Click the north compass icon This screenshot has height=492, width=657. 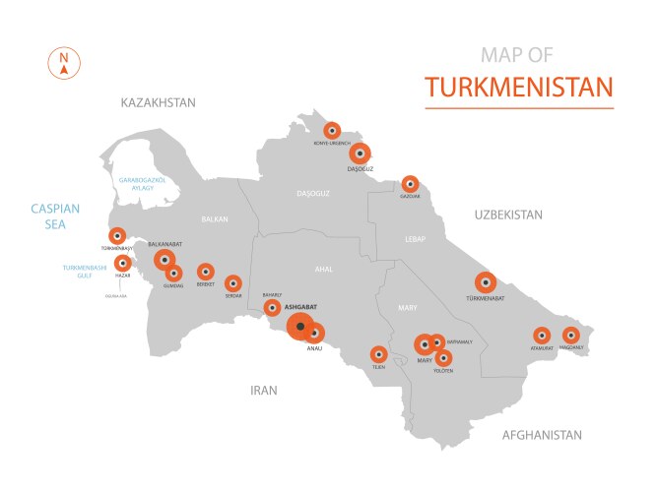pos(63,63)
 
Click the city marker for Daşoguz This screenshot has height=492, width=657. pos(361,154)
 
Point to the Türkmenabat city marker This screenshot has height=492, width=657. pos(485,281)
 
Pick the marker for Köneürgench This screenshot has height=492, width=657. pos(332,130)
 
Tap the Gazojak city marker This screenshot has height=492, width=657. pos(410,183)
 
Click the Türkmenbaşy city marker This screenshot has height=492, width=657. pos(117,236)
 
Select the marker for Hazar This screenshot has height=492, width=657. pos(123,263)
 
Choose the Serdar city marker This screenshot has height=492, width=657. pos(233,283)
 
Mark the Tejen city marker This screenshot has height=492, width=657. pos(378,353)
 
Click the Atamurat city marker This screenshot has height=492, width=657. pos(541,335)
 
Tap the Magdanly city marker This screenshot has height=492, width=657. pos(572,335)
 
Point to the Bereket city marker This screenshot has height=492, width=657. pos(205,271)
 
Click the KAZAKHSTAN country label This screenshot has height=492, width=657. pos(158,102)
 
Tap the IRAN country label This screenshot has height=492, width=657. pos(263,391)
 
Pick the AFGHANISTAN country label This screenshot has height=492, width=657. pos(542,435)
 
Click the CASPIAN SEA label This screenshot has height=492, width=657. pos(54,215)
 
